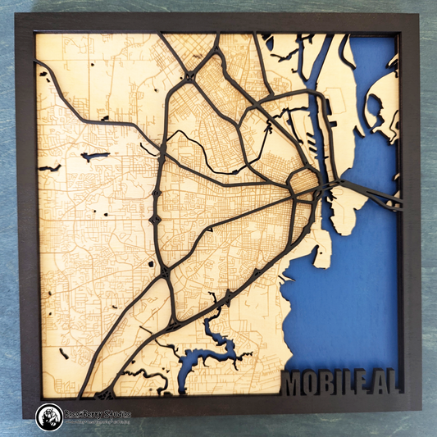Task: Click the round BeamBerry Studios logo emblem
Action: click(49, 417)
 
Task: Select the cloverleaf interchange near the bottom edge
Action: click(105, 394)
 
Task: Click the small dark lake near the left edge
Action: click(94, 155)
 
